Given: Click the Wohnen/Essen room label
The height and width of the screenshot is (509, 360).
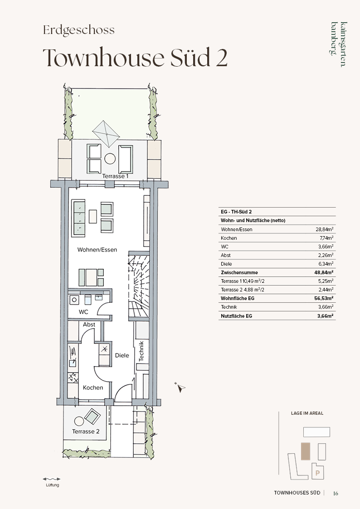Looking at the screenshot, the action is (97, 250).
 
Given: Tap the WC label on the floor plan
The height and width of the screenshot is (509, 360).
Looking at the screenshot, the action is (83, 312).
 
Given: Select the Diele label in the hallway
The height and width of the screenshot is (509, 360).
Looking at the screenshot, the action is (122, 355).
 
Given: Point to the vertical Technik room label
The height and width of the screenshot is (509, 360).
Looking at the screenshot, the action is (141, 351).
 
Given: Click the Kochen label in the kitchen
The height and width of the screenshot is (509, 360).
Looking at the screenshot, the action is (93, 388).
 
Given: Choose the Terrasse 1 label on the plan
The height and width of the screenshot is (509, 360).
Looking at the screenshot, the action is (116, 176).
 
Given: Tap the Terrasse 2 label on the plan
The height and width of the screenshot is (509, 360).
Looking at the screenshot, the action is (86, 431).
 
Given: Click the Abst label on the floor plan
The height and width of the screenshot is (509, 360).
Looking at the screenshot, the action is (89, 325).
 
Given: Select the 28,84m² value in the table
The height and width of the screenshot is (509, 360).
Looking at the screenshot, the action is (325, 229).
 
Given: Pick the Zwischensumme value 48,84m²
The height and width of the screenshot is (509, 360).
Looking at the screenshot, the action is (324, 272).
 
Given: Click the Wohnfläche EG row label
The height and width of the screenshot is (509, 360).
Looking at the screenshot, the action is (238, 298).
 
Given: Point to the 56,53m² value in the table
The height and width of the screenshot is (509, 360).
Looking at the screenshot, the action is (324, 298).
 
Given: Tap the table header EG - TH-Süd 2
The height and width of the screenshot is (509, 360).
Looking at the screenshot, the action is (236, 212).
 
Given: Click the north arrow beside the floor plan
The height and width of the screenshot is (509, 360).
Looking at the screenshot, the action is (180, 387).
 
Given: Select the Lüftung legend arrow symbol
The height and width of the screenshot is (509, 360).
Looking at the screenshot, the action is (52, 479).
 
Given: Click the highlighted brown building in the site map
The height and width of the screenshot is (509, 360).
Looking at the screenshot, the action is (306, 451).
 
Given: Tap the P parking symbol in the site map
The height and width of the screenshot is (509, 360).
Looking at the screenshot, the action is (317, 473).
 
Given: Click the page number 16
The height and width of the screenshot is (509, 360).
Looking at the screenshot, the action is (336, 493).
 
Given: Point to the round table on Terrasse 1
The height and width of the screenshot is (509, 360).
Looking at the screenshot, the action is (110, 159).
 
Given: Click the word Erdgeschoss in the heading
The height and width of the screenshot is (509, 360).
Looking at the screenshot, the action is (79, 30).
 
